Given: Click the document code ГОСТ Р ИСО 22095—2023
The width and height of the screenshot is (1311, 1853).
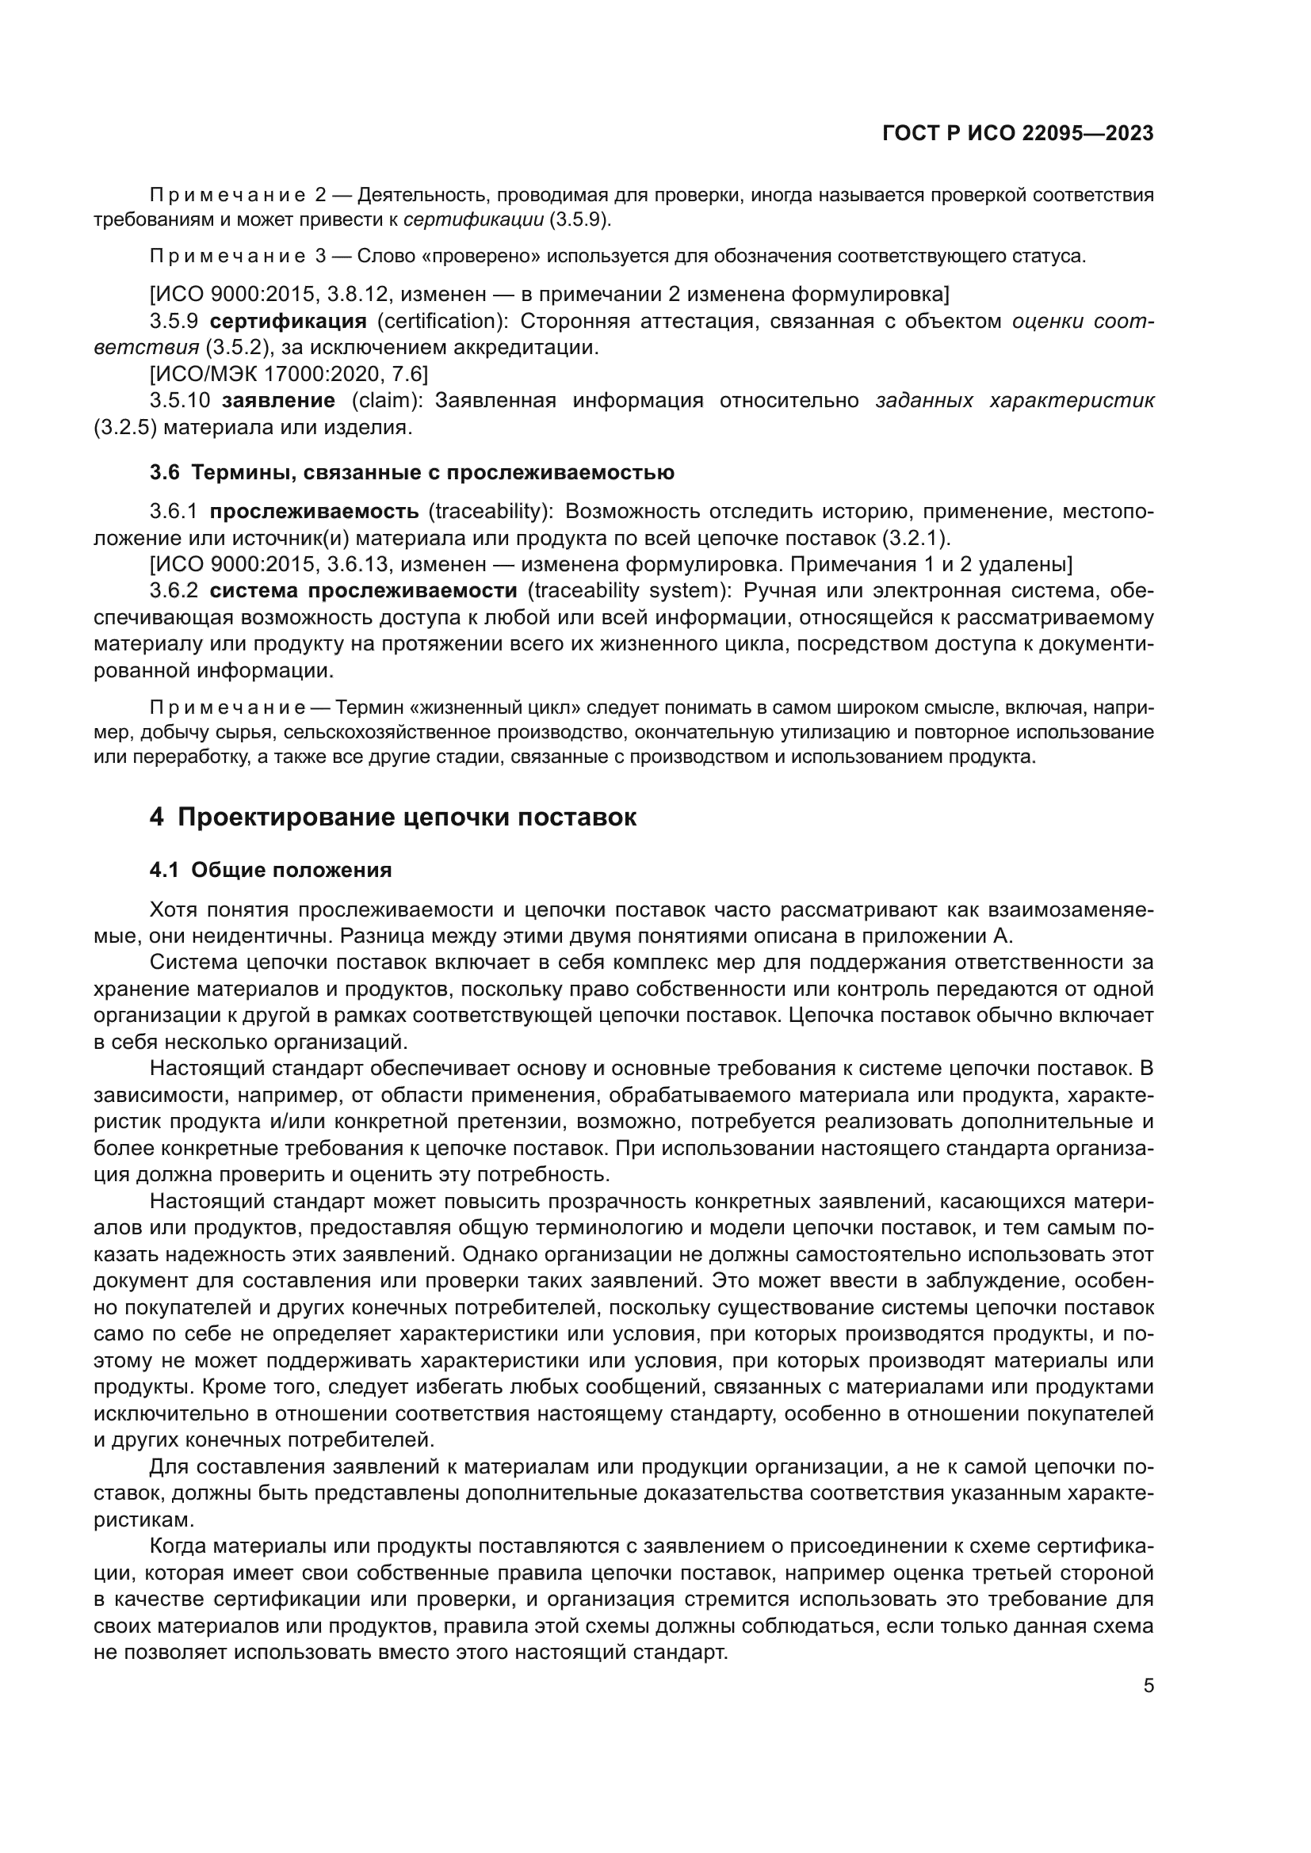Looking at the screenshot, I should coord(1018,133).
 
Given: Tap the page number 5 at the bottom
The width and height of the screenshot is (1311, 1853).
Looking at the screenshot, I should coord(1149,1686).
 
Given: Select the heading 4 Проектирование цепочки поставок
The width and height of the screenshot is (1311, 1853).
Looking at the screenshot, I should coord(393,817).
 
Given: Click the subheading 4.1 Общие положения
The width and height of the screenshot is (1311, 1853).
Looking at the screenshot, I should coord(271,870).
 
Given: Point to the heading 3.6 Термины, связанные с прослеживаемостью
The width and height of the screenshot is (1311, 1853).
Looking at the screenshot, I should coord(411,472).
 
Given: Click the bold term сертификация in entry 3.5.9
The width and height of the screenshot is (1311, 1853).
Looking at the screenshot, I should coord(289,321).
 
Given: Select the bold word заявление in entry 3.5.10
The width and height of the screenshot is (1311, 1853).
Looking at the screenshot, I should coord(278,400).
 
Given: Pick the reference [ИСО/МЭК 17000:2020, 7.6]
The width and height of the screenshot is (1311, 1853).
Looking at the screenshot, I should coord(289,374).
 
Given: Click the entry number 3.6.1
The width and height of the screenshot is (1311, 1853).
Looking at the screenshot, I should coord(174,511).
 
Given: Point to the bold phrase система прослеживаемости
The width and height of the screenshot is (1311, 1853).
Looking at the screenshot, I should coord(363,591).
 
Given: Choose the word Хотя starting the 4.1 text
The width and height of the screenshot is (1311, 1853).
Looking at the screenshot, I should coord(174,909).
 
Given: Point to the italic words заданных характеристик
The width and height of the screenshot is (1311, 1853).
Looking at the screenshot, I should coord(1014,400).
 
